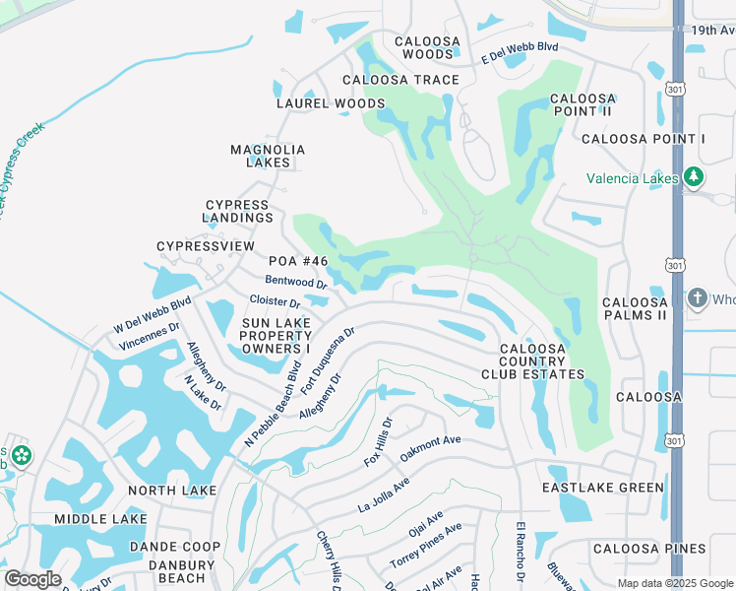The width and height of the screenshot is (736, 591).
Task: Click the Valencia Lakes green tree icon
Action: pos(695,177)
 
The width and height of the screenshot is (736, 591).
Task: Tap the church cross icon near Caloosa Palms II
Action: pos(697,297)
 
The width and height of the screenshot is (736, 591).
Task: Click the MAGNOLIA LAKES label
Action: pos(268,156)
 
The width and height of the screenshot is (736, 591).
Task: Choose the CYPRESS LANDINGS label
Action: pos(238,211)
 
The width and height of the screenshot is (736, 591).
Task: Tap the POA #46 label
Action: pos(297,261)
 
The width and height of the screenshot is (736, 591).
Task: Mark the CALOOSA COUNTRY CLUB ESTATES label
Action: pos(532,361)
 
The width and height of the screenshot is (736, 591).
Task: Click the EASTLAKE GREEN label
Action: pos(603,488)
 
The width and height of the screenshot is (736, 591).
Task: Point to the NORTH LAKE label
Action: pos(172,490)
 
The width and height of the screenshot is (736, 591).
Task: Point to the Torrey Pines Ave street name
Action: pos(426,544)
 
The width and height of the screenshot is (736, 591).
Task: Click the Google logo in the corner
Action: pos(32,579)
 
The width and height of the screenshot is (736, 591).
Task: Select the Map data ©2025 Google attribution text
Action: pos(675,584)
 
